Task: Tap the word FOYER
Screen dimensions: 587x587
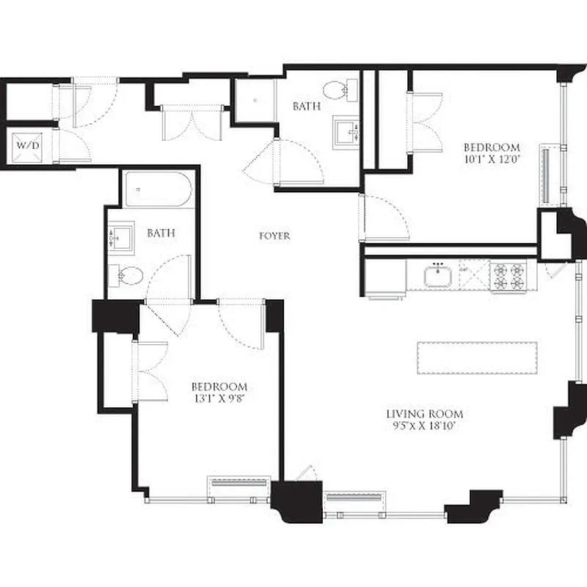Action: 274,236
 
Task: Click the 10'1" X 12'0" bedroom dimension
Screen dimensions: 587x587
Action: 492,158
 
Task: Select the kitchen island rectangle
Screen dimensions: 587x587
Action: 477,357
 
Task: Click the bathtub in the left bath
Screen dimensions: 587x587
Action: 158,190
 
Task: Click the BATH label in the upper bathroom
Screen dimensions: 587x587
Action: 307,106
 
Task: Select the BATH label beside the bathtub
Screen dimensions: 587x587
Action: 161,233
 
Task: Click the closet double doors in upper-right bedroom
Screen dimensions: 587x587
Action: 426,122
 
